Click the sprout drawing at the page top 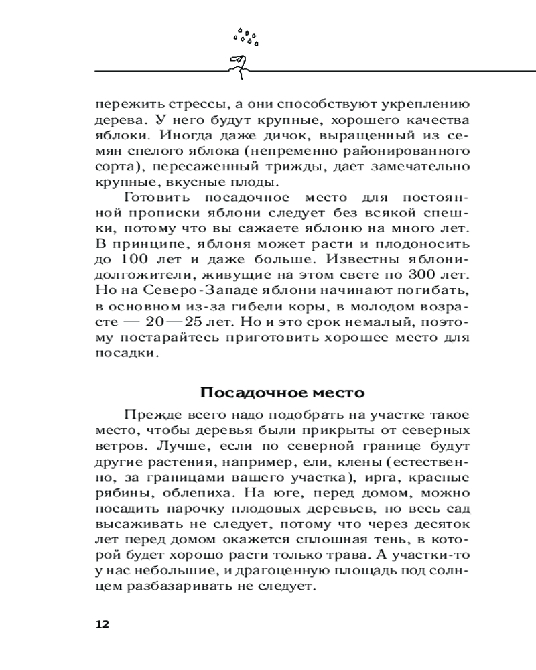(x=238, y=64)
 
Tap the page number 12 (x=102, y=624)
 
